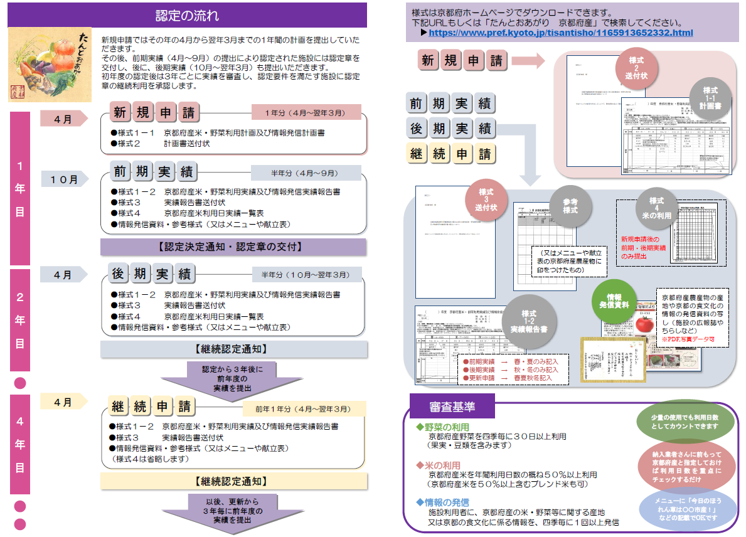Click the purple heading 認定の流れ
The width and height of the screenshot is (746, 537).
tap(187, 15)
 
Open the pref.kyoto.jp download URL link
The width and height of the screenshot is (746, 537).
tap(561, 33)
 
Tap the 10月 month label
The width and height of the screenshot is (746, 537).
tap(64, 179)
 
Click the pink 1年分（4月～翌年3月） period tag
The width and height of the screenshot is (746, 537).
tap(305, 112)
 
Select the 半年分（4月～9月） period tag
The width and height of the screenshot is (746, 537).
tap(305, 173)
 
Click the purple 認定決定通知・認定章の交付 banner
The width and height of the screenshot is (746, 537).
tap(233, 247)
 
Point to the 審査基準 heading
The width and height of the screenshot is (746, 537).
tap(451, 407)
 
